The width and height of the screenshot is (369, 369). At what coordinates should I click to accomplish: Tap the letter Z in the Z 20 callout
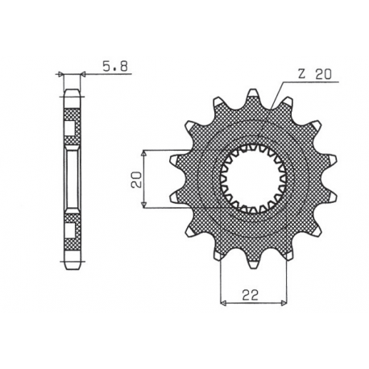click(x=300, y=75)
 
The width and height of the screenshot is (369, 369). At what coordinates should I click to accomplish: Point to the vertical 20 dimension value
click(x=138, y=179)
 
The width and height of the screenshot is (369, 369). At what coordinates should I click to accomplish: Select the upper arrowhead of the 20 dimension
click(x=143, y=151)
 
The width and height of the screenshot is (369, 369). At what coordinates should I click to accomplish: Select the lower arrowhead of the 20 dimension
click(x=143, y=206)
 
